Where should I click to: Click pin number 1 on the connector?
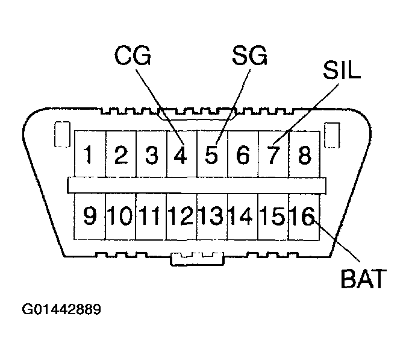click(x=89, y=156)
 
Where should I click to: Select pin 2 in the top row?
click(x=120, y=156)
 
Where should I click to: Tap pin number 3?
click(x=151, y=156)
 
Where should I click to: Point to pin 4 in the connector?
click(x=181, y=156)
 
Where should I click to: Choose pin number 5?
click(x=211, y=156)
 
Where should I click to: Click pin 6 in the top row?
click(x=243, y=156)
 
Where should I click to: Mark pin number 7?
click(x=273, y=156)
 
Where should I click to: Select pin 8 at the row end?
click(x=304, y=156)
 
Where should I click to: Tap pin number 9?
click(x=90, y=215)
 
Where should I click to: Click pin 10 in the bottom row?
click(x=120, y=215)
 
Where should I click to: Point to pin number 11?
click(x=151, y=215)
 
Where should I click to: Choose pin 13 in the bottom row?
click(x=212, y=215)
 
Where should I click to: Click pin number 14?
click(x=243, y=215)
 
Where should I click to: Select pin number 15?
click(x=273, y=215)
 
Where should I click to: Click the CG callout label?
click(x=133, y=57)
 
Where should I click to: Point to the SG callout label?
click(x=248, y=57)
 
